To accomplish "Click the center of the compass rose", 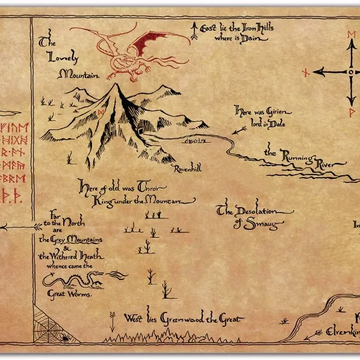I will click(350, 72).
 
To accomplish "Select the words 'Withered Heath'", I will click(72, 256).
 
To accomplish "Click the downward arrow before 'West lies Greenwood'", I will click(112, 320).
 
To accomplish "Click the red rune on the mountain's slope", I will click(101, 112).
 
